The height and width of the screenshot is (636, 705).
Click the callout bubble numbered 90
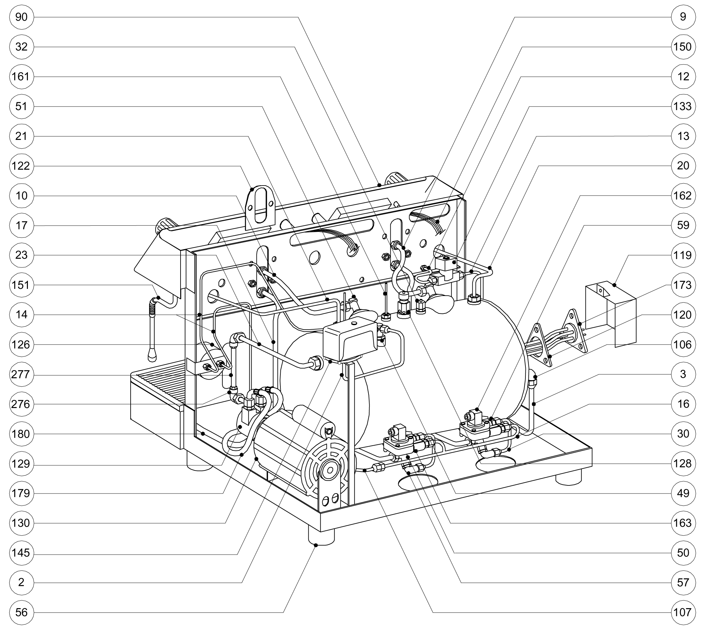[x=21, y=17]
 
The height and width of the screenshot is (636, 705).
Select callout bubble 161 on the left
[x=21, y=76]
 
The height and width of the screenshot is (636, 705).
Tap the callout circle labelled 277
[x=21, y=375]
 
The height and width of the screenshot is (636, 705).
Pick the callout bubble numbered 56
[x=21, y=612]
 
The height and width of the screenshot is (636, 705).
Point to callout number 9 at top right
[x=683, y=17]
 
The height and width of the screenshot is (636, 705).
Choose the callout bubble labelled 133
[x=683, y=106]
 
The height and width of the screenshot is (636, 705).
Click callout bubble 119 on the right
[x=683, y=255]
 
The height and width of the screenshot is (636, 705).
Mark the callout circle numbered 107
[x=683, y=612]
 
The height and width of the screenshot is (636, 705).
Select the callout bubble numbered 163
[x=683, y=523]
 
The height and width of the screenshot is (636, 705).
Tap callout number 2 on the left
[x=21, y=583]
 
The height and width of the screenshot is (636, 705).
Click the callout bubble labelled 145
[x=21, y=553]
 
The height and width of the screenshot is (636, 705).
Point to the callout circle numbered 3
[x=683, y=374]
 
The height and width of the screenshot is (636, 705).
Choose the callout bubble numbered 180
[x=21, y=434]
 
